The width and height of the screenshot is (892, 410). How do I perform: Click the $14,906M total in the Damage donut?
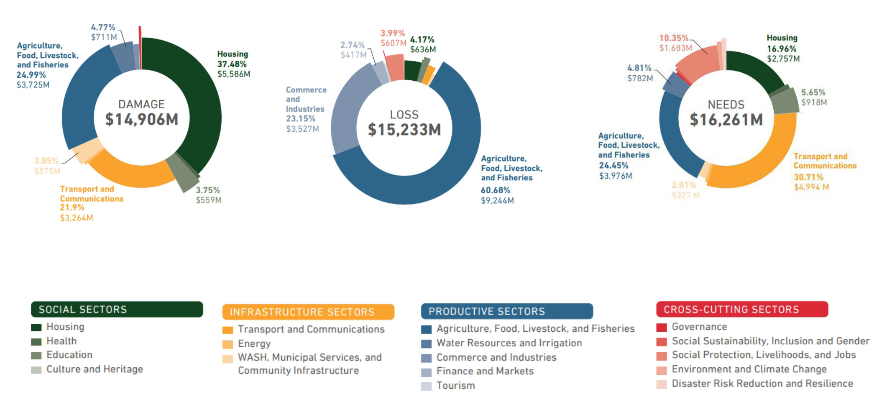coord(141,119)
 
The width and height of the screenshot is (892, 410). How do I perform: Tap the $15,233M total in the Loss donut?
coord(404,130)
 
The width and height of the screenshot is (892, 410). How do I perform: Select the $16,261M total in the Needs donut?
coord(726,120)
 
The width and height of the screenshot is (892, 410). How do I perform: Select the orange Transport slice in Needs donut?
coord(761,163)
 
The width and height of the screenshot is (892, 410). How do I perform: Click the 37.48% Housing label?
coord(232,64)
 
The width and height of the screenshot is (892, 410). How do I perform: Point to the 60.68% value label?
coord(495,190)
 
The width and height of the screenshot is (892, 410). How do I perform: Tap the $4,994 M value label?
coord(811,187)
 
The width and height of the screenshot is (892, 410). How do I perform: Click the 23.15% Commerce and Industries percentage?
coord(300,119)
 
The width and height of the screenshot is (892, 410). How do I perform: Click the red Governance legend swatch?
coord(661,327)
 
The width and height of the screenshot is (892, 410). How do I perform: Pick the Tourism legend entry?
coord(455,386)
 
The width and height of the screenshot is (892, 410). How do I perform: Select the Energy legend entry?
coord(254,344)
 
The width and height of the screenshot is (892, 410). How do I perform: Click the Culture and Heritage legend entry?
coord(95,369)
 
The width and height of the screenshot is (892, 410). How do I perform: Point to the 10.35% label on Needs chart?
coord(674,38)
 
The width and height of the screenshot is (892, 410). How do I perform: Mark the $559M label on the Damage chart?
coord(209,200)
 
